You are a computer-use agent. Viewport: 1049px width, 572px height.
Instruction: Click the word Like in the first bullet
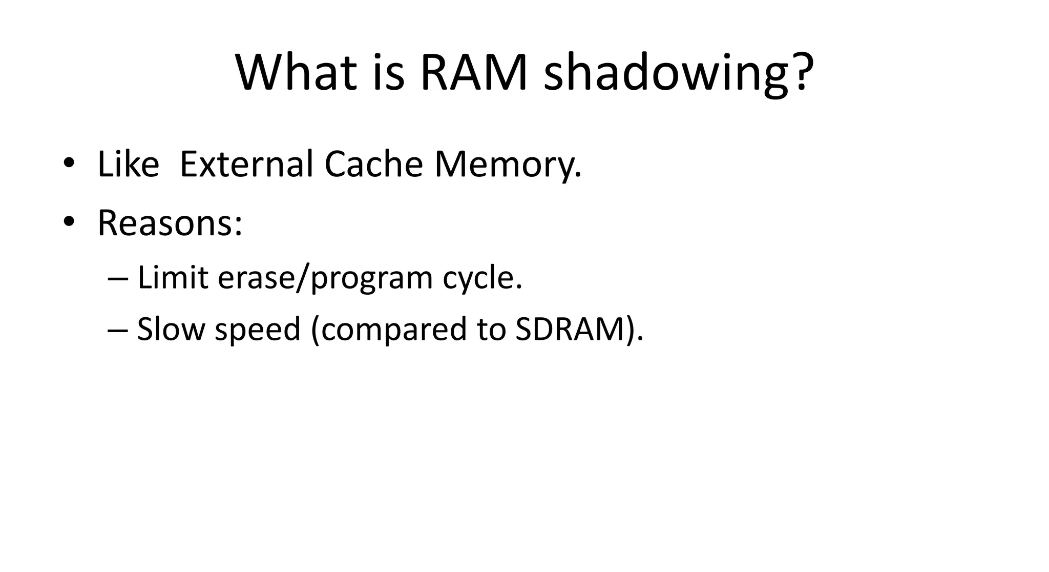tap(128, 165)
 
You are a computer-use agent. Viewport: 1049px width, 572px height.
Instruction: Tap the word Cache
tap(373, 165)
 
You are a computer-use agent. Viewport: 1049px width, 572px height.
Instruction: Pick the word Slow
tap(171, 329)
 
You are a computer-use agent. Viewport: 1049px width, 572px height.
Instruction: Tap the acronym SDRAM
tap(570, 329)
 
